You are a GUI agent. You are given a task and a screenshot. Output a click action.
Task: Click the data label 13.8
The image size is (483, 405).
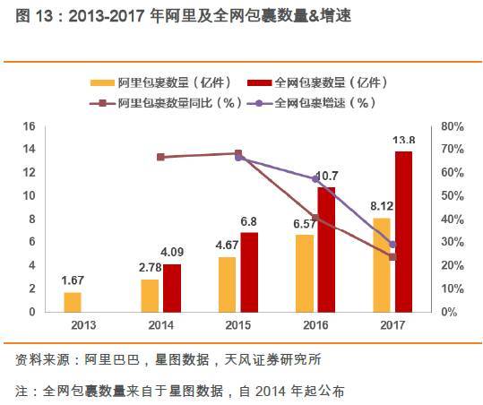pos(404,141)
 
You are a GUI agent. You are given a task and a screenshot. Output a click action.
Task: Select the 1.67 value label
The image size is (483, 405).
pos(73,280)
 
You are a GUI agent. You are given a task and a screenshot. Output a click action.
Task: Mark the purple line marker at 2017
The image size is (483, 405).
pos(392,245)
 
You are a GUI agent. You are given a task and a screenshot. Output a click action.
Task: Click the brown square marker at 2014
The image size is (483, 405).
pos(160,157)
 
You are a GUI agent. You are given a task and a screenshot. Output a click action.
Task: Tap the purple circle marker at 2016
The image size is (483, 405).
pos(315,179)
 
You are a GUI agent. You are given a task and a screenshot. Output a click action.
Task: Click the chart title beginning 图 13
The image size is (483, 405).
pos(179,18)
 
